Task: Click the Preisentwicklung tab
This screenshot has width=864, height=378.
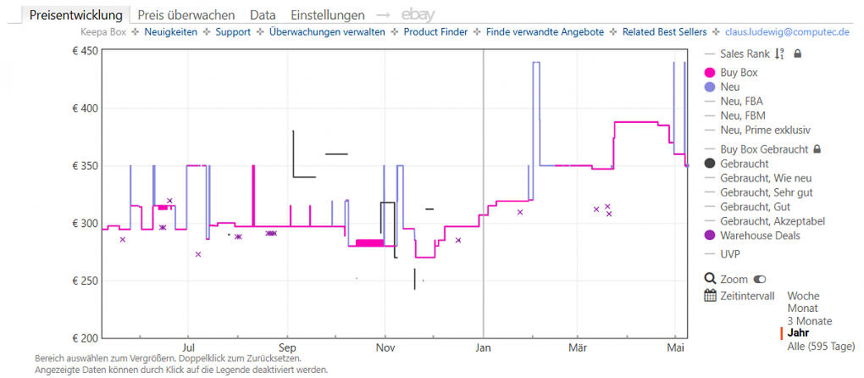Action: click(x=76, y=15)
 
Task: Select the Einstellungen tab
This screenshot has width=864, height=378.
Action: click(x=327, y=15)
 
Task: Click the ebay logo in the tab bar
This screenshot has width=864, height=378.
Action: click(x=418, y=15)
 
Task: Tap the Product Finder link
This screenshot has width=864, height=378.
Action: click(x=436, y=32)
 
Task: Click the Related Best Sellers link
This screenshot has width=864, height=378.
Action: click(x=665, y=32)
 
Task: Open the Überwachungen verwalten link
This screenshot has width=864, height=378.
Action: click(x=327, y=32)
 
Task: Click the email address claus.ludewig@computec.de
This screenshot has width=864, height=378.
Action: click(x=788, y=32)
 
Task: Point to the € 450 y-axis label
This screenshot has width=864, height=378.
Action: click(x=85, y=51)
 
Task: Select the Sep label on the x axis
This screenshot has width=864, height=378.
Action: click(x=286, y=348)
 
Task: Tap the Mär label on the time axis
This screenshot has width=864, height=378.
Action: click(x=578, y=348)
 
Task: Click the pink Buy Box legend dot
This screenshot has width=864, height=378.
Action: click(x=710, y=72)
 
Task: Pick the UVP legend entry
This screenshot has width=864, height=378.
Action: click(x=730, y=254)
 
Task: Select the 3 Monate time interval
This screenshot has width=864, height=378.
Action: click(x=810, y=321)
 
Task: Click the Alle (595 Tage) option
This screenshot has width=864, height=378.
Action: click(x=821, y=346)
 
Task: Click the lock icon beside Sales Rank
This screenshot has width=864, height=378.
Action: click(x=797, y=54)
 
